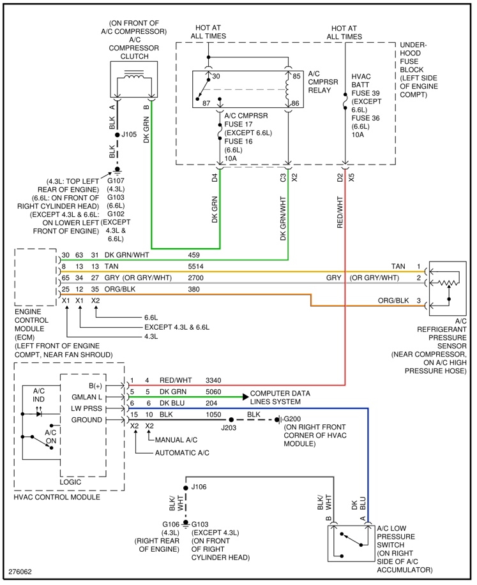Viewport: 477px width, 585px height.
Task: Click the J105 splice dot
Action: point(117,135)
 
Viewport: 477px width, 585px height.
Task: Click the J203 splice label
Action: point(229,427)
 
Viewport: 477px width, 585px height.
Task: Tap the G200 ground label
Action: point(294,418)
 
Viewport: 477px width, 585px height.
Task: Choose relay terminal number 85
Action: point(296,77)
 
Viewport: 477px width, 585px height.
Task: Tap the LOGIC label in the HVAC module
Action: point(71,482)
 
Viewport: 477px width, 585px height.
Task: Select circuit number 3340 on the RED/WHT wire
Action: point(215,381)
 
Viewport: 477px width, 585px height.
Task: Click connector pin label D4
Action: point(215,176)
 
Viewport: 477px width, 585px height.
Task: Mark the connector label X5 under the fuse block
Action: point(351,176)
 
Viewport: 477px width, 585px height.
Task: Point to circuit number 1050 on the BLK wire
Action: point(214,415)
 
